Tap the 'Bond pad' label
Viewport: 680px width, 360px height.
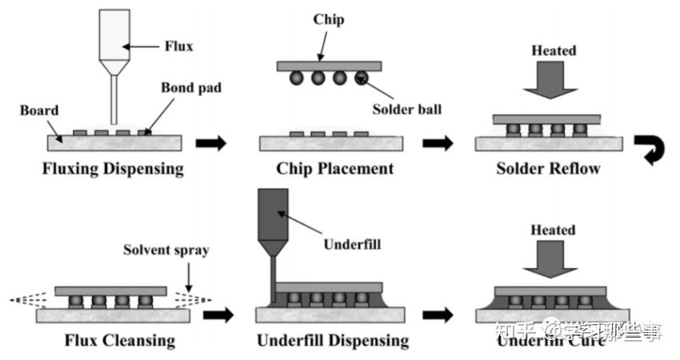point(190,86)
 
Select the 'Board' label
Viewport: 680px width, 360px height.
point(37,110)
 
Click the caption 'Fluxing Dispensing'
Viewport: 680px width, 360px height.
point(114,169)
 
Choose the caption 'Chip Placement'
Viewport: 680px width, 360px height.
point(334,169)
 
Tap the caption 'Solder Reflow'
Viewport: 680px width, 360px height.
point(548,169)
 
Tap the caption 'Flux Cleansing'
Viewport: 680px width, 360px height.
point(120,341)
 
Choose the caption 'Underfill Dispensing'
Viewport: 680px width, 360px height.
point(333,341)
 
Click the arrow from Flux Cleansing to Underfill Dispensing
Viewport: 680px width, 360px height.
point(218,314)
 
